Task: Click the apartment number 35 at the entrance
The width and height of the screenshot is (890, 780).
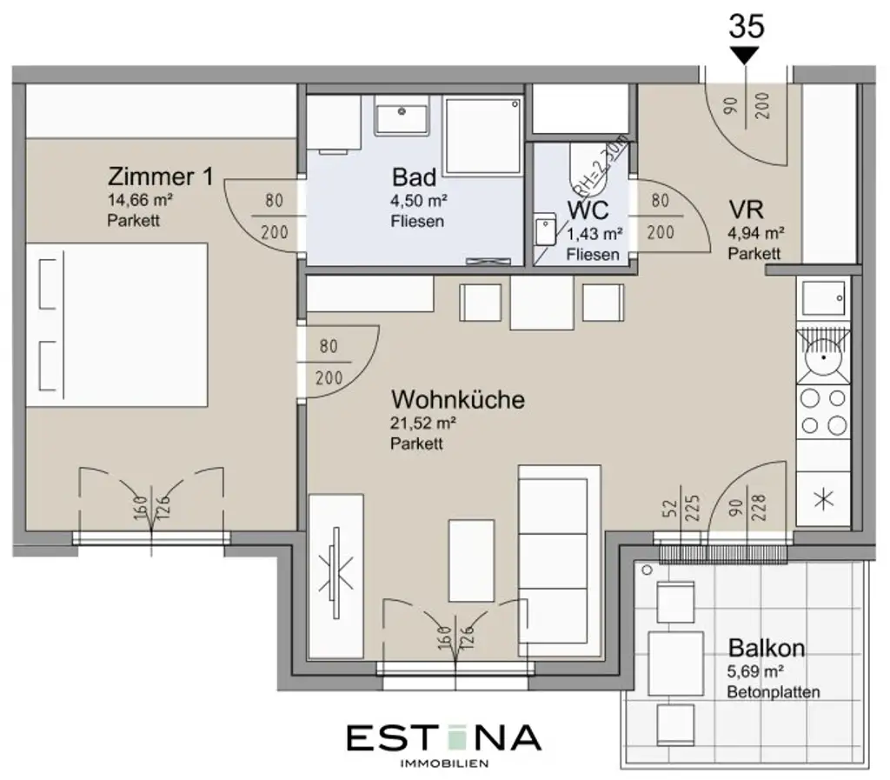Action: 746,26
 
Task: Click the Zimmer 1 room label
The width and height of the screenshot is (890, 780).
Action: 160,177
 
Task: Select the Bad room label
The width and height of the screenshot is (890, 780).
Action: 414,177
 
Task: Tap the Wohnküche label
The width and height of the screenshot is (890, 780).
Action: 457,400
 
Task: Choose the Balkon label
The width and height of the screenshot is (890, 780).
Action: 766,648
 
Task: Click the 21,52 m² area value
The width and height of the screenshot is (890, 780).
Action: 424,423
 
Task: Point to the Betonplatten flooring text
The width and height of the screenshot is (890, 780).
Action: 774,692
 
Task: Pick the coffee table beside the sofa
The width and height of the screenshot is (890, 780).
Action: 471,560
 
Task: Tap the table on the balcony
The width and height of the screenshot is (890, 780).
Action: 675,663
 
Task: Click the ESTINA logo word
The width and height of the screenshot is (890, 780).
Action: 443,738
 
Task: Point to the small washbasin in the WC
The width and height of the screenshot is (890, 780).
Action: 544,230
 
